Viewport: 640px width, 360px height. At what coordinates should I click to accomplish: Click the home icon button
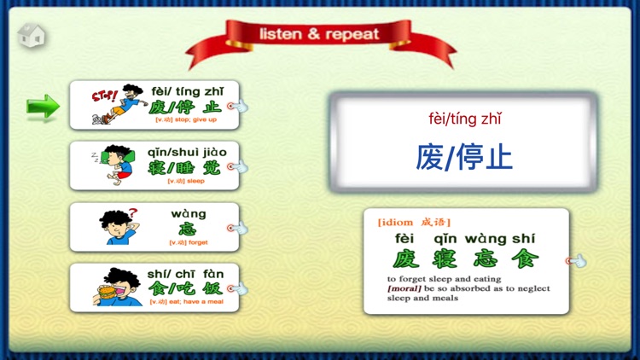pos(31,36)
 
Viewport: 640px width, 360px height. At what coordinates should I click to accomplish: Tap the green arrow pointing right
pos(43,107)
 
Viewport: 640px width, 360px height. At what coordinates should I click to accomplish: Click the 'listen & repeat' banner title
pos(320,35)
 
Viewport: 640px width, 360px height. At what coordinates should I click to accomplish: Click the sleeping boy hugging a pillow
pos(118,163)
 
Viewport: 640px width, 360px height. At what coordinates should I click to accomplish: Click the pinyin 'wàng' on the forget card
pos(189,213)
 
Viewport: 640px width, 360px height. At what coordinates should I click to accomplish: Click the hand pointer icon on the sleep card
pos(238,166)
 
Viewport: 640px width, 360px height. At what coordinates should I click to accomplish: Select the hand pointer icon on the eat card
pos(238,289)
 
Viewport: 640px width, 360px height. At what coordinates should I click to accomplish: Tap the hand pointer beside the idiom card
pos(577,260)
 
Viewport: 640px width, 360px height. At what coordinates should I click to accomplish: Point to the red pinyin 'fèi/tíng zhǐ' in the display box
pos(464,119)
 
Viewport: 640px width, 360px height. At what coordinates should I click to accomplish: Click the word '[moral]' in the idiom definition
pos(404,288)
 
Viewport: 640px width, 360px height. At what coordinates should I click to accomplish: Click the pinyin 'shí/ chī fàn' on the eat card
pos(182,274)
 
